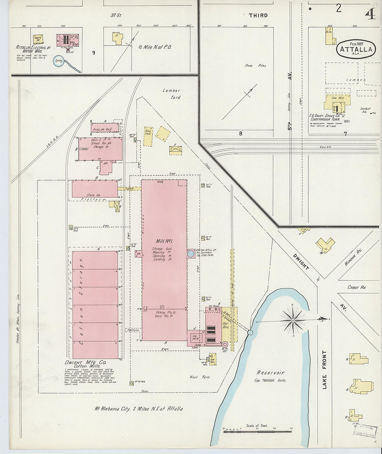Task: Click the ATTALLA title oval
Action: (356, 49)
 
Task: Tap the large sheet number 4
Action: (370, 14)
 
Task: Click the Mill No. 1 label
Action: (164, 241)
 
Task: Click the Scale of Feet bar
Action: (257, 431)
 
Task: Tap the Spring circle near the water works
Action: (58, 61)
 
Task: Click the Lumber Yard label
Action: (172, 94)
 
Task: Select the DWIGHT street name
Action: (300, 262)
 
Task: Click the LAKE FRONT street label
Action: (324, 369)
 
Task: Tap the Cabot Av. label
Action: (356, 287)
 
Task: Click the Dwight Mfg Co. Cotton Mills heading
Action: (85, 364)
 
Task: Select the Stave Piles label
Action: (255, 65)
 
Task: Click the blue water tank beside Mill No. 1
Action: (191, 254)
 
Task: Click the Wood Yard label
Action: (199, 377)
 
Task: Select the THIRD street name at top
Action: (258, 15)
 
